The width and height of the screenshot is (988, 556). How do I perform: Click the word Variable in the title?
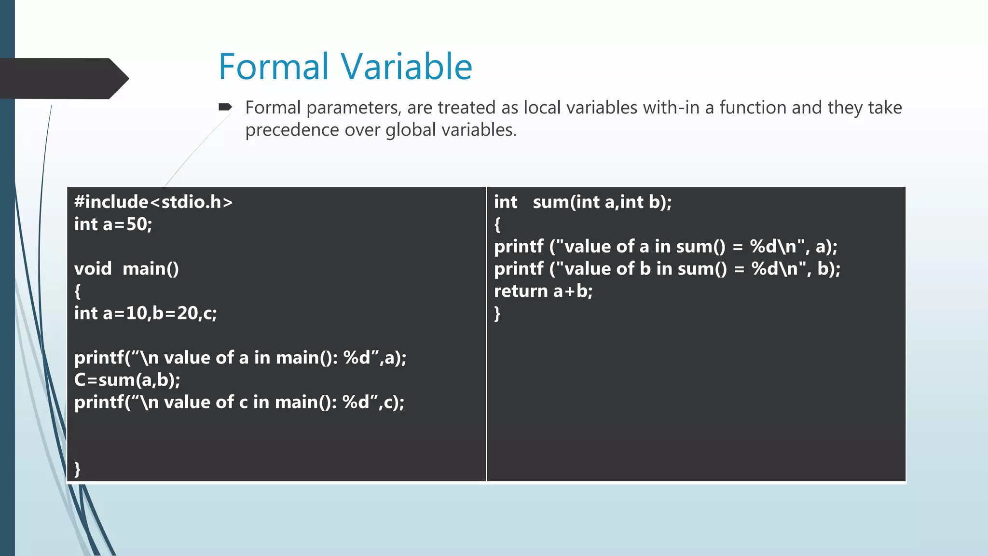pyautogui.click(x=406, y=67)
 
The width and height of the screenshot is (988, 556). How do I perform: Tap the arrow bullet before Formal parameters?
pyautogui.click(x=225, y=107)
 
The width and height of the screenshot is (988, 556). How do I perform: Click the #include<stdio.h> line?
pyautogui.click(x=153, y=202)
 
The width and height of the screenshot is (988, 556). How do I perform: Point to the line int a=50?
pyautogui.click(x=113, y=224)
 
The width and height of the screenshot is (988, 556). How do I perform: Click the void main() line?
pyautogui.click(x=126, y=268)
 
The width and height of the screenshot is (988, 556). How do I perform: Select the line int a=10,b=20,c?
pyautogui.click(x=145, y=313)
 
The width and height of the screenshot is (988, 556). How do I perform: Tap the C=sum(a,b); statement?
pyautogui.click(x=127, y=380)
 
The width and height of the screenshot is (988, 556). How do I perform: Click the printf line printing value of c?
pyautogui.click(x=239, y=402)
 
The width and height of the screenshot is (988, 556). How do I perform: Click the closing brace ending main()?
pyautogui.click(x=77, y=469)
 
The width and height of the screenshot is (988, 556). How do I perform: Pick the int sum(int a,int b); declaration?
pyautogui.click(x=582, y=202)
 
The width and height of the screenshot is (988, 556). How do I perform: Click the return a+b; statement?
pyautogui.click(x=543, y=291)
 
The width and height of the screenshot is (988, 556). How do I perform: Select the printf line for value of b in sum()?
pyautogui.click(x=667, y=269)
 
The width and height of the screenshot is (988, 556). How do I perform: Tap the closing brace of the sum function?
pyautogui.click(x=497, y=314)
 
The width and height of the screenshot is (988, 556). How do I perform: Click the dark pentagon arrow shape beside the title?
pyautogui.click(x=63, y=79)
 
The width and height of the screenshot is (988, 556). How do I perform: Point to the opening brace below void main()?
pyautogui.click(x=77, y=291)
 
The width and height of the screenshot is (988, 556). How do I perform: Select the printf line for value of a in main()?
pyautogui.click(x=240, y=358)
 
